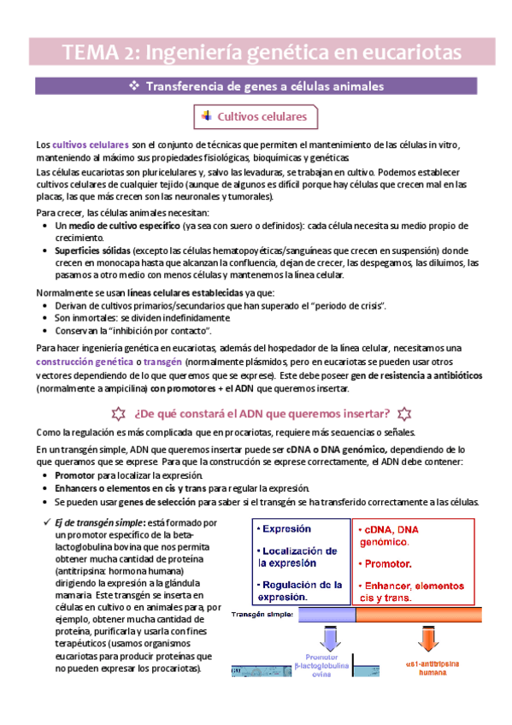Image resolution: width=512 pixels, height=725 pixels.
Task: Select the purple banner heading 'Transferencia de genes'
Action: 256,86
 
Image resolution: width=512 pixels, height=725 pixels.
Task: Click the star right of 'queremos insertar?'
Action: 404,414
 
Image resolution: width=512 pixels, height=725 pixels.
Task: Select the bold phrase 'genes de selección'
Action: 150,502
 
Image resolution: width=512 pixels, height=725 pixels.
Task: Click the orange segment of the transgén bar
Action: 425,615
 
